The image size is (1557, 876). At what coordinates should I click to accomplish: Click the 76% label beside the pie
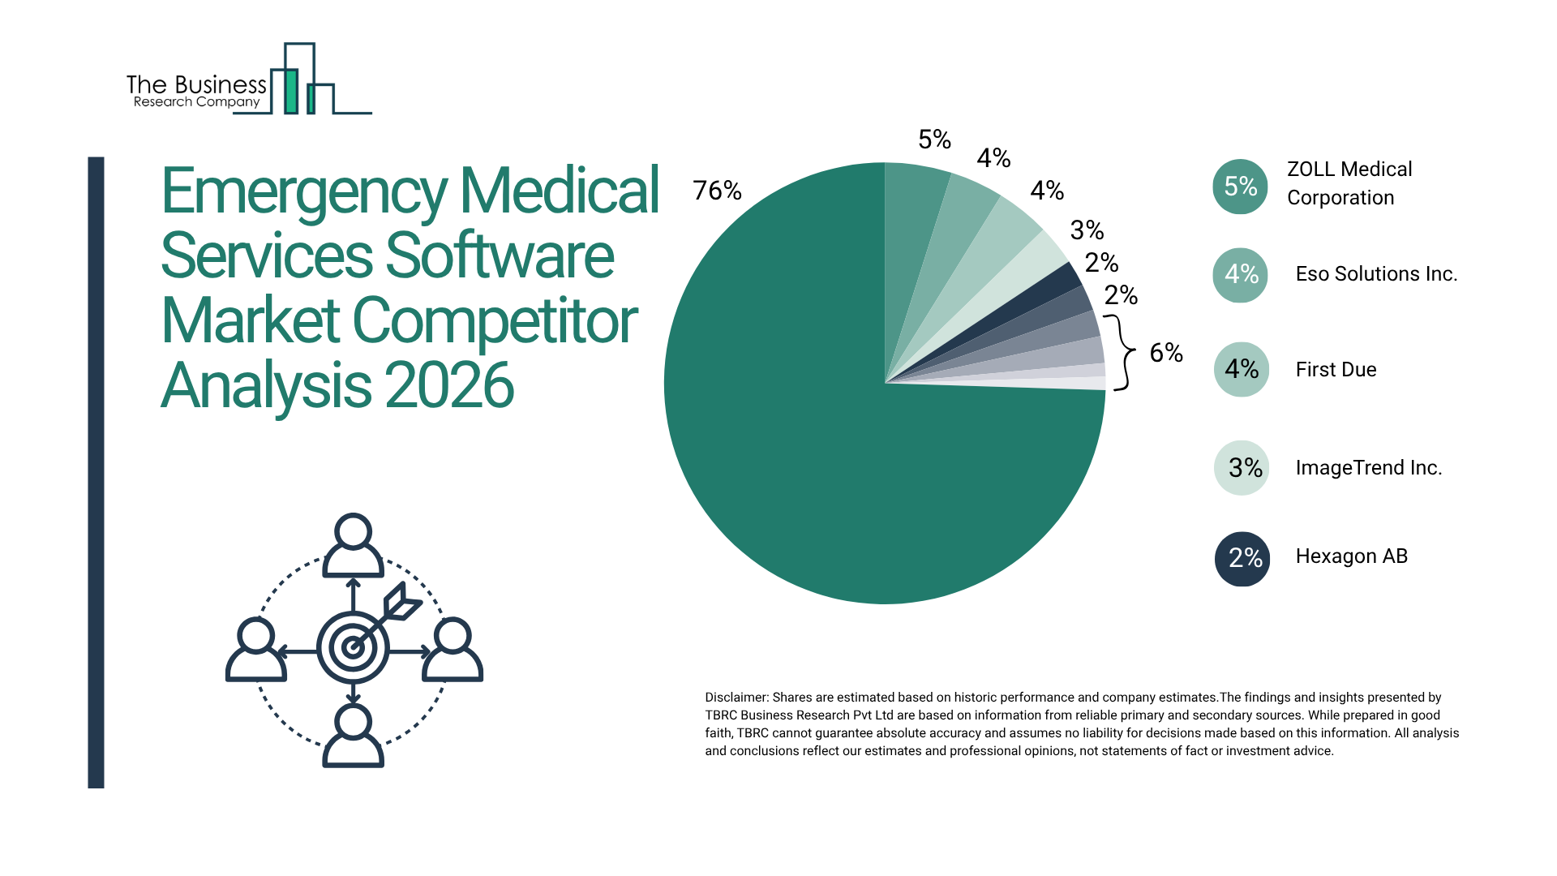pos(717,191)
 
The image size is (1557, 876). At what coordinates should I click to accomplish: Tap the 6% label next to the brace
pos(1166,353)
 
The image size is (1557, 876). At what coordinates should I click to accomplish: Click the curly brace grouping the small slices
pos(1124,352)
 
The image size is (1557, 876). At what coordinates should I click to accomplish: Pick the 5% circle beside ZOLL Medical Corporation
pos(1240,187)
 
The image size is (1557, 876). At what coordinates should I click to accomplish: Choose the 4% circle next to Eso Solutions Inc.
pos(1240,275)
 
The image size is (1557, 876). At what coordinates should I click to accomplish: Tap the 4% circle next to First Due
pos(1241,369)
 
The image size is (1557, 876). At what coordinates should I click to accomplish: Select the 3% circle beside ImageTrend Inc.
pos(1242,467)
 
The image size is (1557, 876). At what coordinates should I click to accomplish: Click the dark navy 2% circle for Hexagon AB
pos(1242,558)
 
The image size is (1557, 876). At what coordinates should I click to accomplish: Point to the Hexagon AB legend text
pos(1351,556)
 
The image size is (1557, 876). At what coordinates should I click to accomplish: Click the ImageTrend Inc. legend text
pos(1368,468)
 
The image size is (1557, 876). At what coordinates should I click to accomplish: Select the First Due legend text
pos(1336,370)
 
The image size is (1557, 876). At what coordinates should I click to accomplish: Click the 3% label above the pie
pos(1087,230)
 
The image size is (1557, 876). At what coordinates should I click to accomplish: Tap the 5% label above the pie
pos(934,140)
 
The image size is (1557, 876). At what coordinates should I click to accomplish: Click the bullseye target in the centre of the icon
pos(353,647)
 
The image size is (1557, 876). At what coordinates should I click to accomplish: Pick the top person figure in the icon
pos(353,545)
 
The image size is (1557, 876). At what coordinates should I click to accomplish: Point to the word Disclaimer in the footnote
pos(736,698)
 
